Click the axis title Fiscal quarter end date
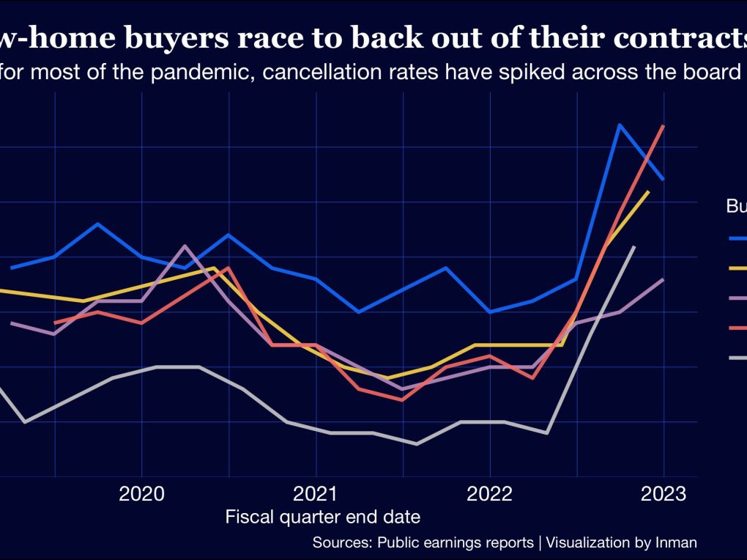[x=323, y=517]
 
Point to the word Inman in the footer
[x=676, y=543]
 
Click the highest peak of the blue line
[x=620, y=125]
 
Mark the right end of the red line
[x=664, y=126]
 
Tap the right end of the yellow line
[x=649, y=191]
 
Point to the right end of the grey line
[x=634, y=247]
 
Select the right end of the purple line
[x=664, y=279]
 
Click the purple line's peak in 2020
[x=185, y=246]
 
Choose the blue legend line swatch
[x=737, y=237]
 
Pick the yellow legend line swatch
[x=737, y=268]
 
